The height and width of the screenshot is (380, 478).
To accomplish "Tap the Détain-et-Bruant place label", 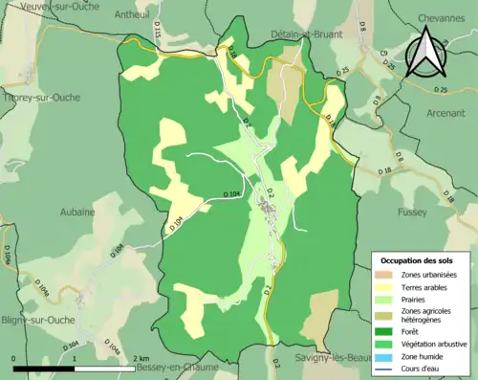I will pyautogui.click(x=283, y=34).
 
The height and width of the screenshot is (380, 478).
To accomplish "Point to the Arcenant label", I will pyautogui.click(x=445, y=112).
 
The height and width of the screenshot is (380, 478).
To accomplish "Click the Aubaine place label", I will pyautogui.click(x=76, y=212).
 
